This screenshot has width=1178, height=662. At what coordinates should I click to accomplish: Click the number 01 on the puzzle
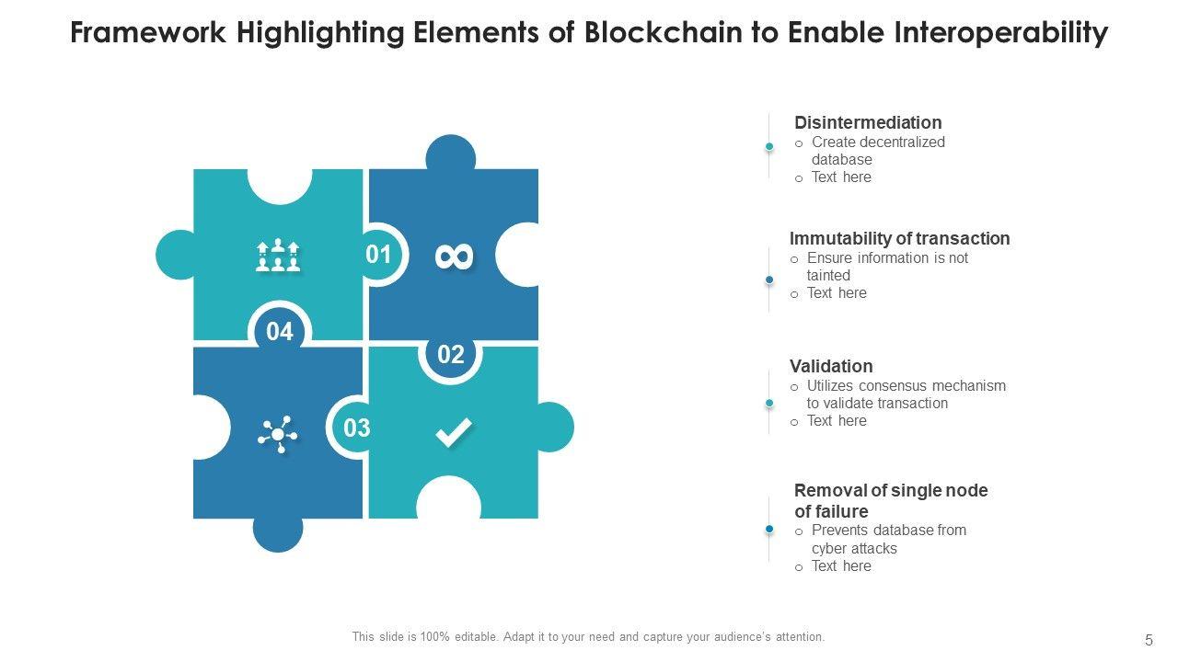pos(378,255)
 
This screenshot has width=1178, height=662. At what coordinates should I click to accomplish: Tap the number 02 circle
pos(450,355)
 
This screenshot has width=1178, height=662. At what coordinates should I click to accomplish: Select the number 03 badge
pos(357,428)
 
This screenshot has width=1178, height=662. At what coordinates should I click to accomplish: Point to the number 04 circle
pos(280,332)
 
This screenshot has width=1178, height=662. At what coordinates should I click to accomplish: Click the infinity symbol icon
pos(454,257)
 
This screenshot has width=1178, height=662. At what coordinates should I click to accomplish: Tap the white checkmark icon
pos(453,432)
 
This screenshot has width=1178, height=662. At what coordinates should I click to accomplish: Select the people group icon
pos(278,256)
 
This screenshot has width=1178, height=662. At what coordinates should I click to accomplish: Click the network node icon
pos(277,433)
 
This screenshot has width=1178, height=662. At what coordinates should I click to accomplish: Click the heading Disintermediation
pos(868,122)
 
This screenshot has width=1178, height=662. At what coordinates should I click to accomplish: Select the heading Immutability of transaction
pos(899,238)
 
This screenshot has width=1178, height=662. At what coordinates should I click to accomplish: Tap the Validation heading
pos(831,366)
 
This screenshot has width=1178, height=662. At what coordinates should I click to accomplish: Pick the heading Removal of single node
pos(891,490)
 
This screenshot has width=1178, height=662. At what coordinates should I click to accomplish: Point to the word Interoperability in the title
pos(1000,33)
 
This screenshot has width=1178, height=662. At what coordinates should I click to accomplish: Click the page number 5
pos(1149,640)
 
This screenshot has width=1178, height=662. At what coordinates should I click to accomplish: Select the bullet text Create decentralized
pos(878,143)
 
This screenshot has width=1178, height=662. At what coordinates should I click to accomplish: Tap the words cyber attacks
pos(854,548)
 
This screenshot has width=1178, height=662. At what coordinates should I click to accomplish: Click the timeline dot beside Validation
pos(769,403)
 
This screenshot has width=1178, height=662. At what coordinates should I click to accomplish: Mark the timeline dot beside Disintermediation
pos(769,146)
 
